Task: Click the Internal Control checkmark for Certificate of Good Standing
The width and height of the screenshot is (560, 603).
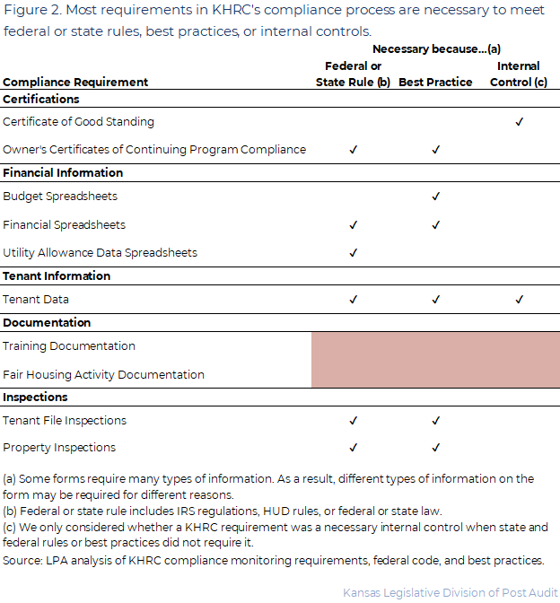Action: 519,122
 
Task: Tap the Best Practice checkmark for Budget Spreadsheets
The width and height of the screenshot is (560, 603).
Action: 435,196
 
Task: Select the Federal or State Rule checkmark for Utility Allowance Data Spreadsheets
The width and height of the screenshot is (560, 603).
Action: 353,253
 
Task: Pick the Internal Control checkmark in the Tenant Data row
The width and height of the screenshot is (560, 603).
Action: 519,300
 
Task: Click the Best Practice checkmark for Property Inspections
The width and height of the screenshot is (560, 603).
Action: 435,448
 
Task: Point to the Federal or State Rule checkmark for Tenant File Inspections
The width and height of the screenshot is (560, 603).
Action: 353,420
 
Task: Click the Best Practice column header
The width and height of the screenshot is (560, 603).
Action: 435,83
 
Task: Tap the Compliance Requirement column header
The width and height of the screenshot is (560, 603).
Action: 75,83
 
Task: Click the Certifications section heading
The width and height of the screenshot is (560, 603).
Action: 41,100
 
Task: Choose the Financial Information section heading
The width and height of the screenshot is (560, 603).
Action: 63,173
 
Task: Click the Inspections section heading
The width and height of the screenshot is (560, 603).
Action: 35,398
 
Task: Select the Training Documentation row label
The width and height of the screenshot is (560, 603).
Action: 69,346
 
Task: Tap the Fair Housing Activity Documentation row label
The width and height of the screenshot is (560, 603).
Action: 103,375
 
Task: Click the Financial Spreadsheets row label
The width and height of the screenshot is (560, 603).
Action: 64,225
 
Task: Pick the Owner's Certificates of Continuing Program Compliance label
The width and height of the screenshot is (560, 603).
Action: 154,150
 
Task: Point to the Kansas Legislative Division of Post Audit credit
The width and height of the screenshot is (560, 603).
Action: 450,592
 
